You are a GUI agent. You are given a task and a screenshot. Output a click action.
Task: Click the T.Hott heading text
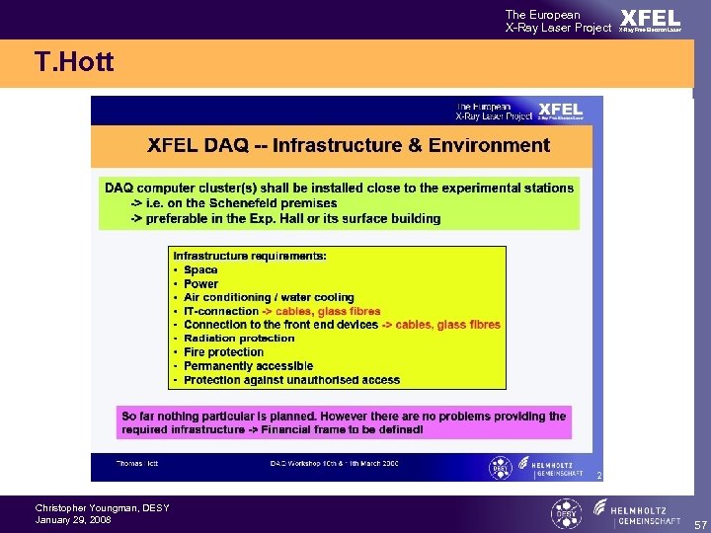point(74,63)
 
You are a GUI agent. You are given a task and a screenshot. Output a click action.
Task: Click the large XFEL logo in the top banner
point(650,19)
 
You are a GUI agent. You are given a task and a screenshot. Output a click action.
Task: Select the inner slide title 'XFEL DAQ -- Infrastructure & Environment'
point(349,146)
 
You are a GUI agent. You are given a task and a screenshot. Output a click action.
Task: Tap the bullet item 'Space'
point(200,269)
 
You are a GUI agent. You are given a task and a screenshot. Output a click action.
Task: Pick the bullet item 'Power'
point(201,283)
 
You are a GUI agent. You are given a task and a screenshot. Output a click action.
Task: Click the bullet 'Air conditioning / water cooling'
point(269,297)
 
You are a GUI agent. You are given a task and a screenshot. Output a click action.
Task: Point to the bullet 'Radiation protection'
point(239,339)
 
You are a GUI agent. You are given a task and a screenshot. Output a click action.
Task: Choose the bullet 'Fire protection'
point(224,352)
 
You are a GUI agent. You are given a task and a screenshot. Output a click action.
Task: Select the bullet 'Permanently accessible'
point(248,366)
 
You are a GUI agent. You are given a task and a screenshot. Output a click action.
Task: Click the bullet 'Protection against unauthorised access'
point(291,380)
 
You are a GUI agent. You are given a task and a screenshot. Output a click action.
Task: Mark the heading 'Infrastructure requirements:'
point(250,256)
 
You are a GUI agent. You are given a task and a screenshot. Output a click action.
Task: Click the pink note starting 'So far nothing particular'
point(344,422)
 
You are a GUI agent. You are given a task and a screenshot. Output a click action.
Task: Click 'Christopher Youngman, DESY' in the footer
point(102,508)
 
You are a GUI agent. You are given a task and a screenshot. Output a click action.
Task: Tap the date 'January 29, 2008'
point(73,520)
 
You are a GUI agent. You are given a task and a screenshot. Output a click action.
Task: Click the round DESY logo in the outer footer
point(566,513)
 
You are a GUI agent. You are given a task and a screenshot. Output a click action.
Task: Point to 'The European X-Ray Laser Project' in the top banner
point(558,21)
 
